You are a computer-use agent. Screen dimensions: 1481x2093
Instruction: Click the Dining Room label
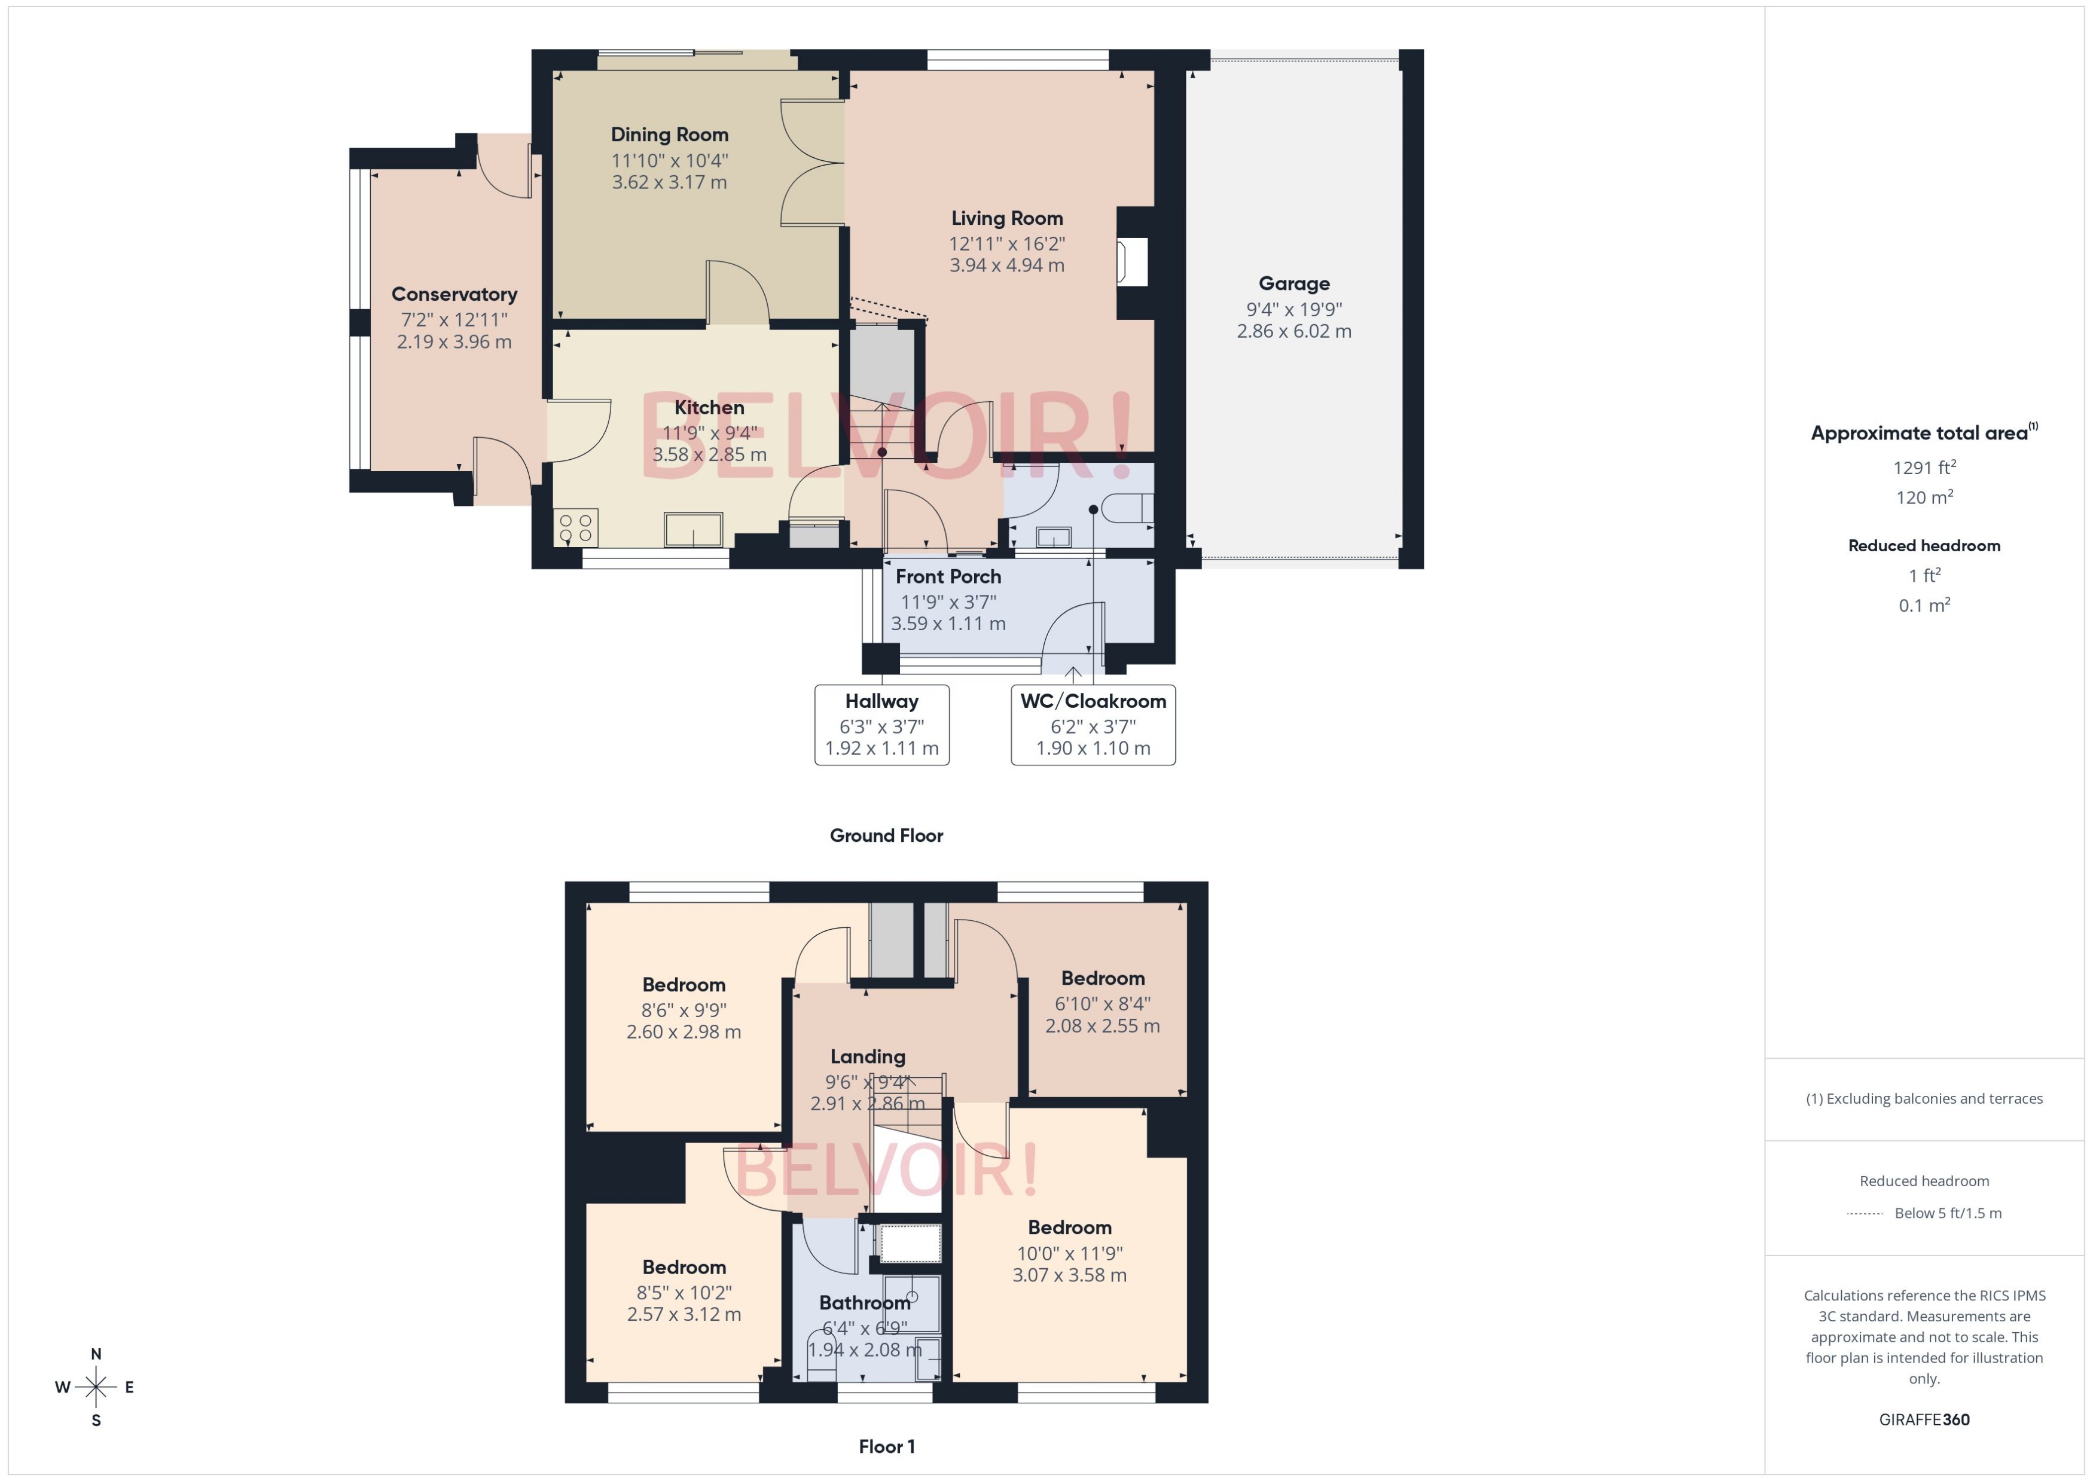(669, 135)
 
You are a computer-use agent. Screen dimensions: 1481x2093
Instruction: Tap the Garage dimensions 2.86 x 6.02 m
(1293, 331)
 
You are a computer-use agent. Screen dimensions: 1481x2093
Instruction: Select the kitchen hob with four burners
(575, 528)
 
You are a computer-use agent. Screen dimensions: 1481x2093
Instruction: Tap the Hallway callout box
(881, 725)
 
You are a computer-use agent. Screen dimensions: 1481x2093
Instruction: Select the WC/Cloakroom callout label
(1093, 701)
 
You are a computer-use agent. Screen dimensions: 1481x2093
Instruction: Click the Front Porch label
(948, 576)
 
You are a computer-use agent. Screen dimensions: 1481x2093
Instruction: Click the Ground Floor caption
(886, 835)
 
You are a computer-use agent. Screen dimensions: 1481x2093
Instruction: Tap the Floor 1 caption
(886, 1446)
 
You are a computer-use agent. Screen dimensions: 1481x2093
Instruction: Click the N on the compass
(96, 1354)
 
